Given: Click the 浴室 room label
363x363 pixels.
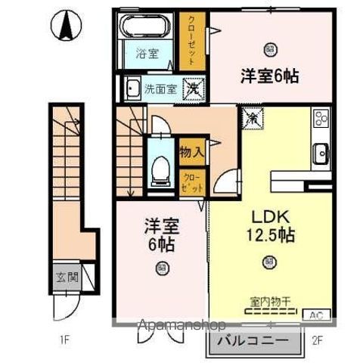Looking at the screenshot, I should coord(147,54).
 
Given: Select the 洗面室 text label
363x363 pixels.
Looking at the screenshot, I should coord(160,88).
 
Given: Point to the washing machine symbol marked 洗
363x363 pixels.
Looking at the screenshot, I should coord(194,88).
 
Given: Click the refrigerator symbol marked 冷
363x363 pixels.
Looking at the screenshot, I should coord(250,117).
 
